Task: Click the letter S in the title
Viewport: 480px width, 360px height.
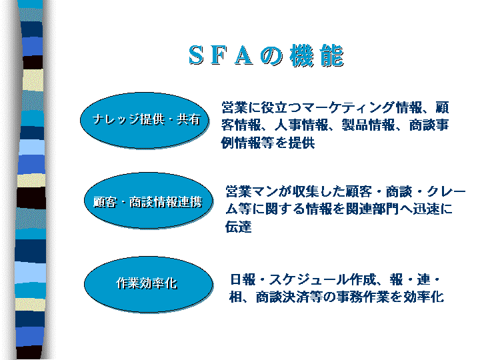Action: coord(196,55)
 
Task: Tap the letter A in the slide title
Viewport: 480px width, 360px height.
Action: coord(244,55)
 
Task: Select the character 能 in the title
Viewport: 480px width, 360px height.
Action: coord(331,55)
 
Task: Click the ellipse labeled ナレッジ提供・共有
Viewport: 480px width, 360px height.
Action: coord(145,120)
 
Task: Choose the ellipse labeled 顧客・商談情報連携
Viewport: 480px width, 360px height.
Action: coord(149,201)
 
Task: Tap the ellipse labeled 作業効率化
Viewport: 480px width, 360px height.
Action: coord(149,285)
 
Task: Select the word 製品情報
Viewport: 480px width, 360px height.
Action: coord(368,125)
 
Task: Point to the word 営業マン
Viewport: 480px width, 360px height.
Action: coord(251,191)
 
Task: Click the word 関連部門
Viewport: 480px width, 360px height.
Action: coord(373,209)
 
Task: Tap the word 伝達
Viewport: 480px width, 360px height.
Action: coord(239,227)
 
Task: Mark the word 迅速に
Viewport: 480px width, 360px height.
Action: coord(433,209)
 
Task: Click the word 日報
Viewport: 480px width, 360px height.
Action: coord(243,279)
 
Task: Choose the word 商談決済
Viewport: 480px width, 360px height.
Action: coord(283,297)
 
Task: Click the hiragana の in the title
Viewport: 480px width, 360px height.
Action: coord(271,56)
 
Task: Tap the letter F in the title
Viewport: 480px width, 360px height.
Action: coord(219,55)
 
